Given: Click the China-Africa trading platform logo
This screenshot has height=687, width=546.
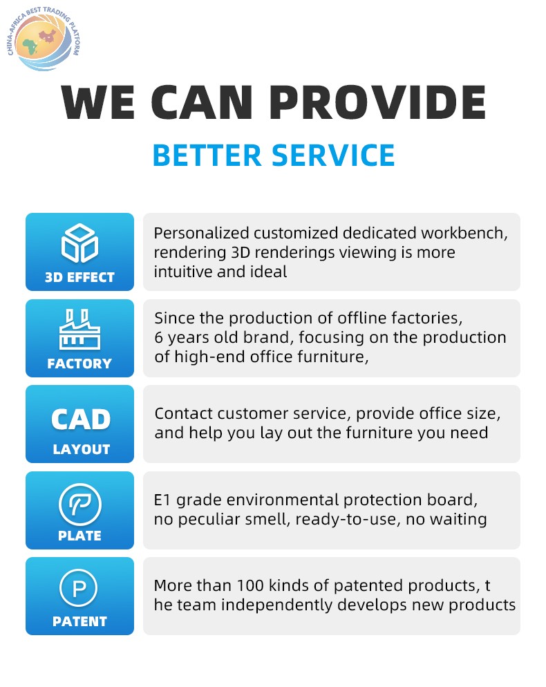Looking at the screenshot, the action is tap(44, 39).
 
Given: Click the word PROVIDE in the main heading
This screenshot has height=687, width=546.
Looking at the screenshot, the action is tap(377, 102).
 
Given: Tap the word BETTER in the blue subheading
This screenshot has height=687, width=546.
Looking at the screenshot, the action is tap(207, 156).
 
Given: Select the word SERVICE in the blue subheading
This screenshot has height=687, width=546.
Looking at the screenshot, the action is tap(333, 156).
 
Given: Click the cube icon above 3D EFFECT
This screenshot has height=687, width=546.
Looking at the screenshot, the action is tap(79, 243).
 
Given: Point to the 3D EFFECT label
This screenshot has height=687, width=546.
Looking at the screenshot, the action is tap(79, 277).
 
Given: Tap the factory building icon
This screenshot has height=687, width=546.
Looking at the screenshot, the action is tap(79, 330).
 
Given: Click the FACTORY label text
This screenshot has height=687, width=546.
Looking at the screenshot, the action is tap(79, 364).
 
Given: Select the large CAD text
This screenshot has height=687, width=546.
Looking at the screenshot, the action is tap(81, 420).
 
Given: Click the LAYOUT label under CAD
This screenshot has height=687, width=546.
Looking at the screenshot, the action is tap(81, 449).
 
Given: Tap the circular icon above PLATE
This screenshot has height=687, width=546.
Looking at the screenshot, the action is tap(79, 505).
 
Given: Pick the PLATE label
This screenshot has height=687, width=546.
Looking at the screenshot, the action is tap(79, 536).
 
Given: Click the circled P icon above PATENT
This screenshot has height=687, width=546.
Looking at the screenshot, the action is tap(79, 588).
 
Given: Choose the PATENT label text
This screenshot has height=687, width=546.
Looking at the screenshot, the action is tap(79, 621).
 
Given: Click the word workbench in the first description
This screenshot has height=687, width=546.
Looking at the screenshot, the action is tap(464, 233).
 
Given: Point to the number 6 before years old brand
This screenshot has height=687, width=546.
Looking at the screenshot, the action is tap(159, 338).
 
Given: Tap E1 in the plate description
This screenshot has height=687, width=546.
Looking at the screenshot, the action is tap(162, 500).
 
